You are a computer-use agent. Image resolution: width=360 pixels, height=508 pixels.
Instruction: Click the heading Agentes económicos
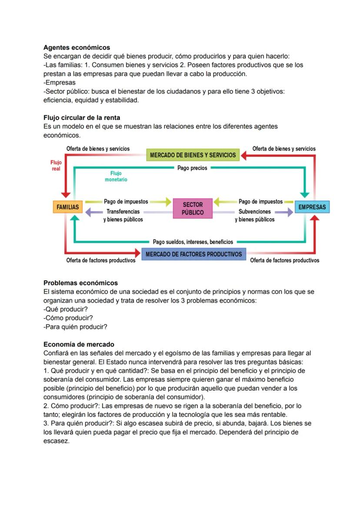click(77, 47)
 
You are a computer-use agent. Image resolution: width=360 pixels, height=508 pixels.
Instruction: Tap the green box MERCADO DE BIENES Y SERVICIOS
click(193, 155)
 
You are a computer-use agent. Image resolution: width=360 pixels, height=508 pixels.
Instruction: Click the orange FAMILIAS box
click(67, 207)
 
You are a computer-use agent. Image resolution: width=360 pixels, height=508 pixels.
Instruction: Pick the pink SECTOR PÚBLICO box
click(193, 208)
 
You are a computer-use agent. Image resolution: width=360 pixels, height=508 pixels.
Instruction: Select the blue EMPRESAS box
click(312, 207)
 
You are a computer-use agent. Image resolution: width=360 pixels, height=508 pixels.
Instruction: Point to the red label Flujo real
click(56, 166)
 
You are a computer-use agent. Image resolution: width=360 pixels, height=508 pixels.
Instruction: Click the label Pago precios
click(192, 168)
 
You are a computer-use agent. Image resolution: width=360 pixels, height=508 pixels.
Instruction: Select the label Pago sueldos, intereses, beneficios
click(193, 242)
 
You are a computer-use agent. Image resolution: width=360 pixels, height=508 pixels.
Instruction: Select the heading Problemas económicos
click(80, 283)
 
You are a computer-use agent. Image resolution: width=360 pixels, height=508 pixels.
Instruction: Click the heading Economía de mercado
click(79, 344)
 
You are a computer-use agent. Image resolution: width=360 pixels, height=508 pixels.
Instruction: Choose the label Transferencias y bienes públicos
click(123, 216)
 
